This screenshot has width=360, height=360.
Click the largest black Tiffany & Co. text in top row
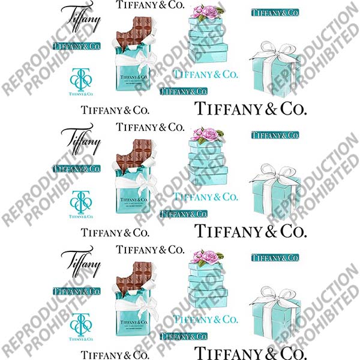tap(251, 109)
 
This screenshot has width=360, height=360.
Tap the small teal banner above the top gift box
tap(274, 13)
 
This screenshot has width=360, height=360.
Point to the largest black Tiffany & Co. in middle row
tap(251, 230)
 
